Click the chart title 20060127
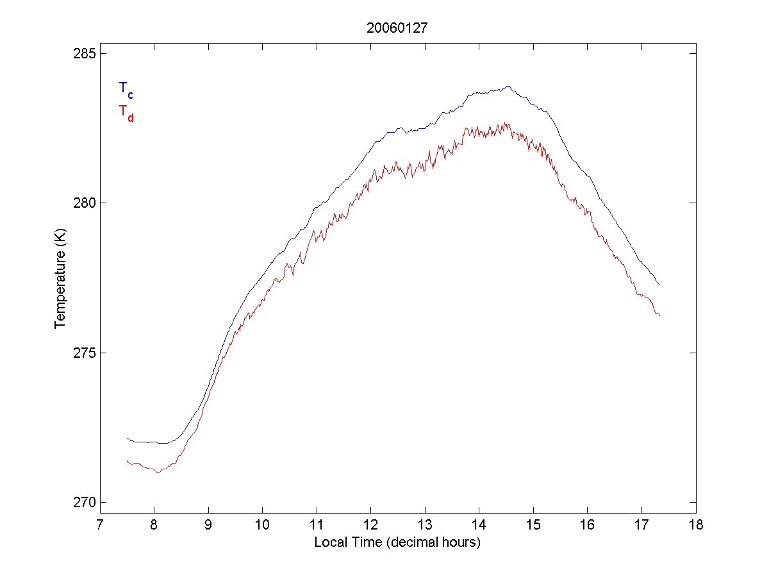pyautogui.click(x=397, y=28)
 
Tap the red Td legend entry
pyautogui.click(x=126, y=112)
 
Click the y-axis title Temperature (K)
pyautogui.click(x=60, y=278)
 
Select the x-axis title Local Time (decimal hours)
pyautogui.click(x=397, y=542)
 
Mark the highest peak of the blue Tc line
pyautogui.click(x=508, y=86)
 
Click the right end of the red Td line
pyautogui.click(x=659, y=315)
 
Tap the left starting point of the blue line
pyautogui.click(x=127, y=439)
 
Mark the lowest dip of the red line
pyautogui.click(x=158, y=472)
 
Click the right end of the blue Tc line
pyautogui.click(x=659, y=285)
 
